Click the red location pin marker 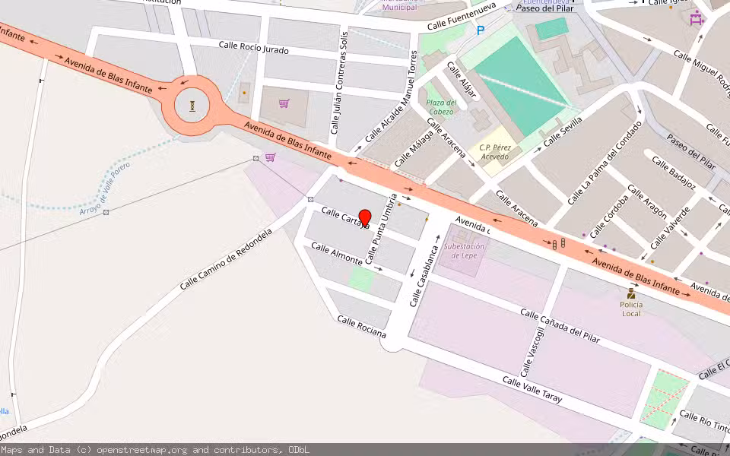364,218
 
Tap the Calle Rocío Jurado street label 253,47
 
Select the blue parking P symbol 480,30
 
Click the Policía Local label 631,309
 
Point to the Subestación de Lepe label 464,251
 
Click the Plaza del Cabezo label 440,107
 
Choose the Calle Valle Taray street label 532,389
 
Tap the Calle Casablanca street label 425,275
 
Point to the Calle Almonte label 336,254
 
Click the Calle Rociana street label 362,328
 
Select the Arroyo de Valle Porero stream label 105,188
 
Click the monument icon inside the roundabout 192,106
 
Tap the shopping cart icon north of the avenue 284,103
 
